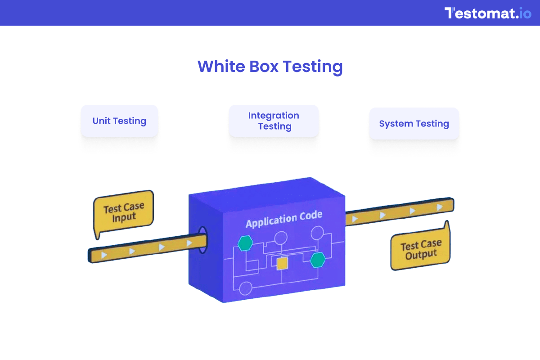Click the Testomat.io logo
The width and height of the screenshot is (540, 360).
(x=488, y=13)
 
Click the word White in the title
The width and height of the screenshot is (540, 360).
(x=220, y=67)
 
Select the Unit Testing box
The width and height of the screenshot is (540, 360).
(x=119, y=121)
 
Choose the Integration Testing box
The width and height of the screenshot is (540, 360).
(x=274, y=121)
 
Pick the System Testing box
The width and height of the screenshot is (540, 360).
(x=414, y=124)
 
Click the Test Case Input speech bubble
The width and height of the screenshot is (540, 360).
(x=124, y=213)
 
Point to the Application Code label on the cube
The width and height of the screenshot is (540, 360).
(x=283, y=219)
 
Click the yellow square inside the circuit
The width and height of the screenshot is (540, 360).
(x=282, y=264)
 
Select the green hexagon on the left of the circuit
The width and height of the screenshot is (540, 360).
(x=245, y=243)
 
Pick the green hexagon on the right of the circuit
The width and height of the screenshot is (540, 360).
(x=318, y=260)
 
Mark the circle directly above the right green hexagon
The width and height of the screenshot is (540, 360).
(x=317, y=233)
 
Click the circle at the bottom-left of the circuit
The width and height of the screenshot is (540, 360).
(x=246, y=288)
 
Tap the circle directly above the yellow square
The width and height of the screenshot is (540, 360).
(x=281, y=238)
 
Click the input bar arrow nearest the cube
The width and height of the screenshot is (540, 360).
(x=189, y=243)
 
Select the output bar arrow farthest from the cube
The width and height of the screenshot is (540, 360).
(x=440, y=207)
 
